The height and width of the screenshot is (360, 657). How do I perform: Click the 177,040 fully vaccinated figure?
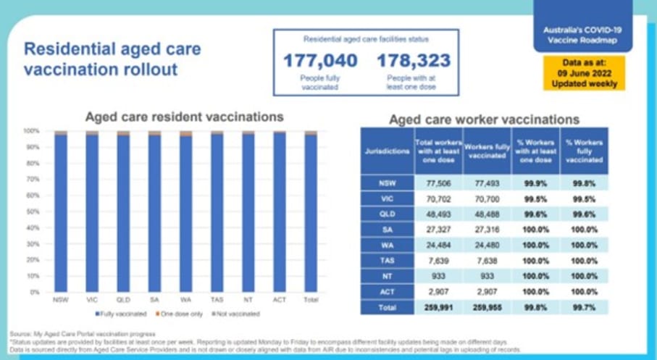click(319, 60)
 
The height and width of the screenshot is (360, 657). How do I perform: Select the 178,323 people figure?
click(413, 60)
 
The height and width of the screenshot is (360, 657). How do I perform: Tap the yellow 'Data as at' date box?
click(584, 72)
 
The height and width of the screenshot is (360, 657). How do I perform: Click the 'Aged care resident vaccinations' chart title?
click(185, 117)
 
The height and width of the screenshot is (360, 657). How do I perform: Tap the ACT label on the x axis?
click(280, 298)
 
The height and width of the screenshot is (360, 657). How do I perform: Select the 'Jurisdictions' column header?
click(387, 151)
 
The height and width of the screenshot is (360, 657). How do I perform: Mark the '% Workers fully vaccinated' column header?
click(584, 151)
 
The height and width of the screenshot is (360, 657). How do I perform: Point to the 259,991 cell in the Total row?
click(438, 306)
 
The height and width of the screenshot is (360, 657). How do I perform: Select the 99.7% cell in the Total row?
click(584, 306)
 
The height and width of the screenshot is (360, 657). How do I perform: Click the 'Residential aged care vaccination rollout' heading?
click(112, 59)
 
